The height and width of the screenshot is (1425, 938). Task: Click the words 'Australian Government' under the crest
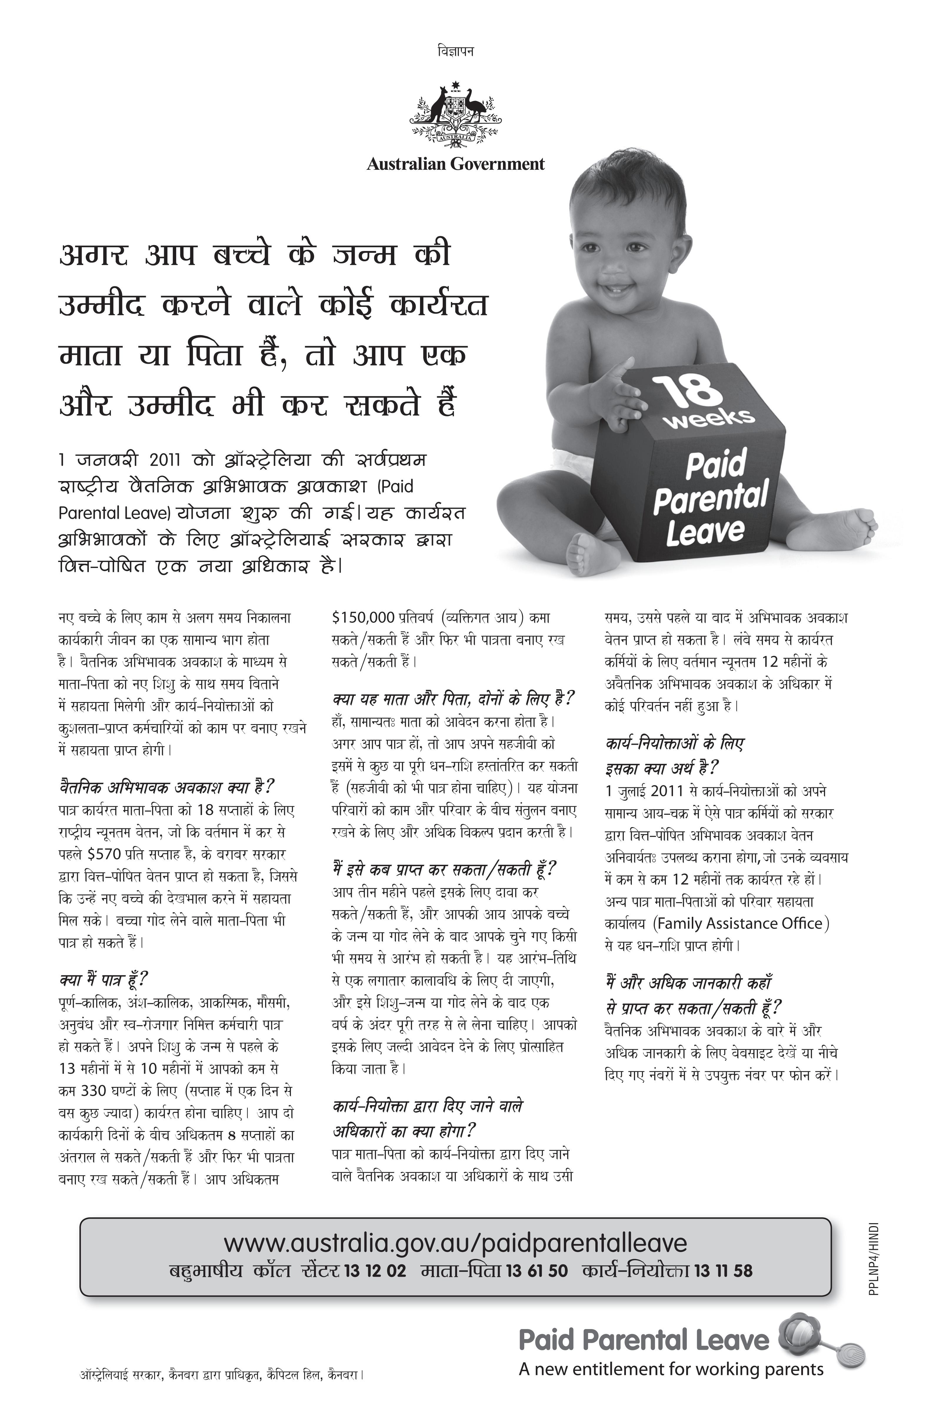[456, 164]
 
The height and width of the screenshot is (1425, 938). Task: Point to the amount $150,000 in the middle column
[363, 617]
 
